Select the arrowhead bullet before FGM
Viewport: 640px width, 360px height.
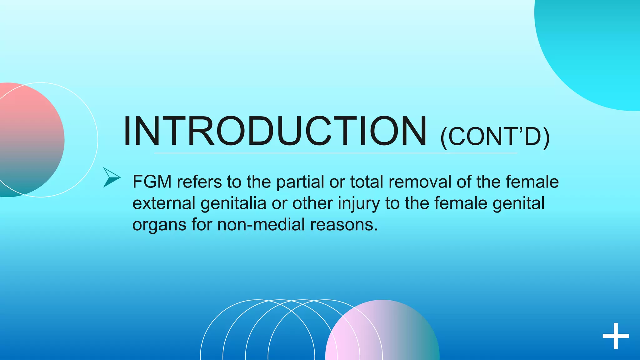click(x=111, y=177)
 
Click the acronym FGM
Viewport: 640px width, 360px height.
click(x=152, y=182)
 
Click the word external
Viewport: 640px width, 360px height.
click(x=164, y=203)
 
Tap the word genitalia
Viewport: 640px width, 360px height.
click(x=233, y=203)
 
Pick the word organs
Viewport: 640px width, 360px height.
click(x=159, y=225)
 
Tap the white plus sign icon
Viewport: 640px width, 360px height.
click(x=615, y=336)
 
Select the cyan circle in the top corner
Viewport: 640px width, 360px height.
click(x=594, y=47)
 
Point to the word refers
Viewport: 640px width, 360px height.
click(x=199, y=182)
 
